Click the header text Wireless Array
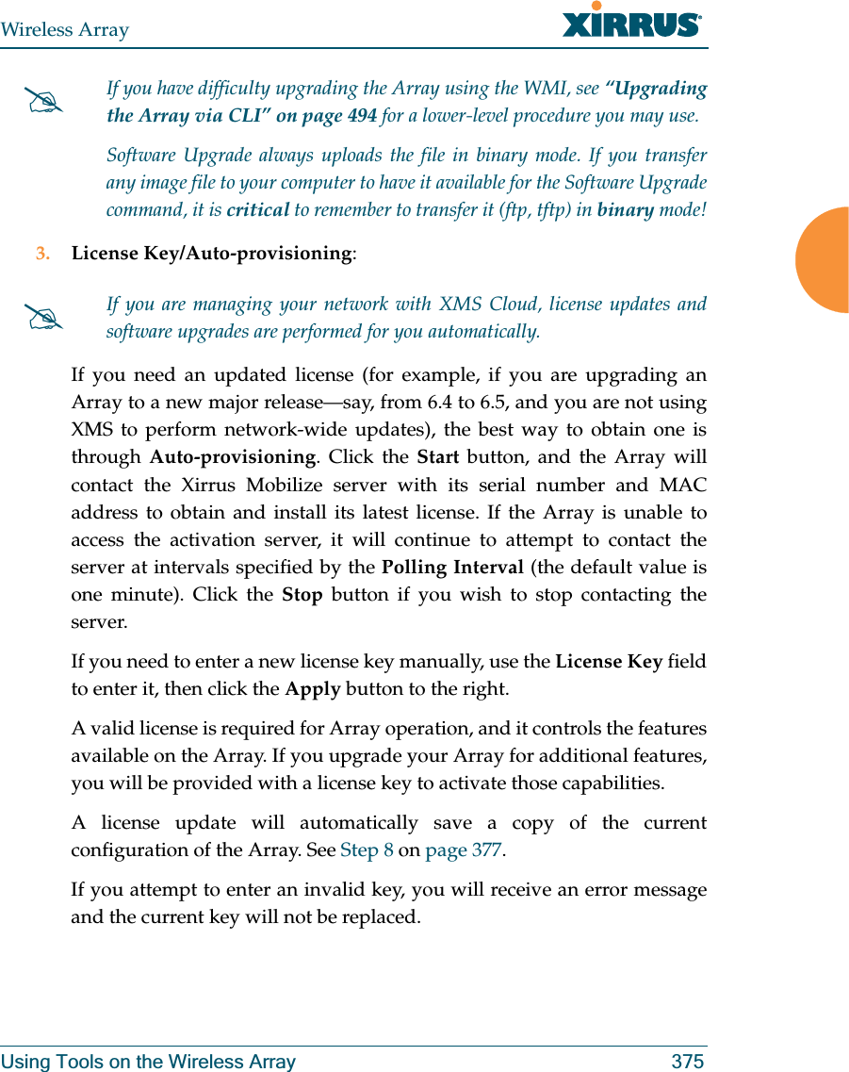point(65,30)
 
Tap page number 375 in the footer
point(687,1062)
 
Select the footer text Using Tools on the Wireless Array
point(148,1062)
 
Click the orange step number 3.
point(41,254)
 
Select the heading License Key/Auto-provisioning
point(213,254)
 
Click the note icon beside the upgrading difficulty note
point(46,103)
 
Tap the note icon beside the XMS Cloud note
point(46,319)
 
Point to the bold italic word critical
point(257,210)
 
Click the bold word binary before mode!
point(625,210)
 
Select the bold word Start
point(437,457)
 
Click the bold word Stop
point(302,595)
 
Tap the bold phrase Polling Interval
point(452,568)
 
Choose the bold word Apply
point(313,688)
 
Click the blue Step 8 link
point(367,850)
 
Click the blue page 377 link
point(463,850)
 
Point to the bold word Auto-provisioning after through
point(232,457)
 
